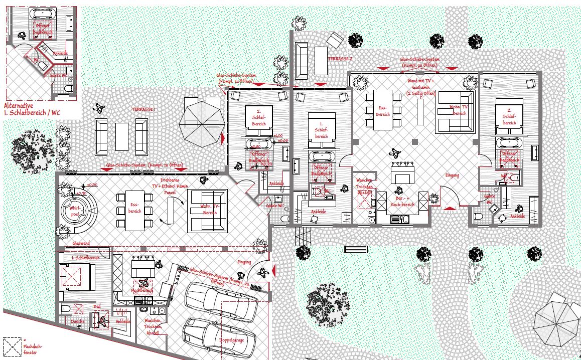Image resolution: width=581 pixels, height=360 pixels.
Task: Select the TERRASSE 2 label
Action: [x=340, y=59]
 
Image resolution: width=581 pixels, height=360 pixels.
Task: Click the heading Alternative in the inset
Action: [x=18, y=106]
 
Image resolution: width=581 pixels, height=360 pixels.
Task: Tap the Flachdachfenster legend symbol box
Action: [x=12, y=345]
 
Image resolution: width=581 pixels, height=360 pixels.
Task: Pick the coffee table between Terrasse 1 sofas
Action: [x=122, y=136]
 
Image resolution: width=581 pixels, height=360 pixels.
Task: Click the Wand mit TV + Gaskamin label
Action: [x=420, y=86]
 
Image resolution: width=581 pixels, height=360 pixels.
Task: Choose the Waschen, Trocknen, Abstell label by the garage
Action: [x=152, y=327]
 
